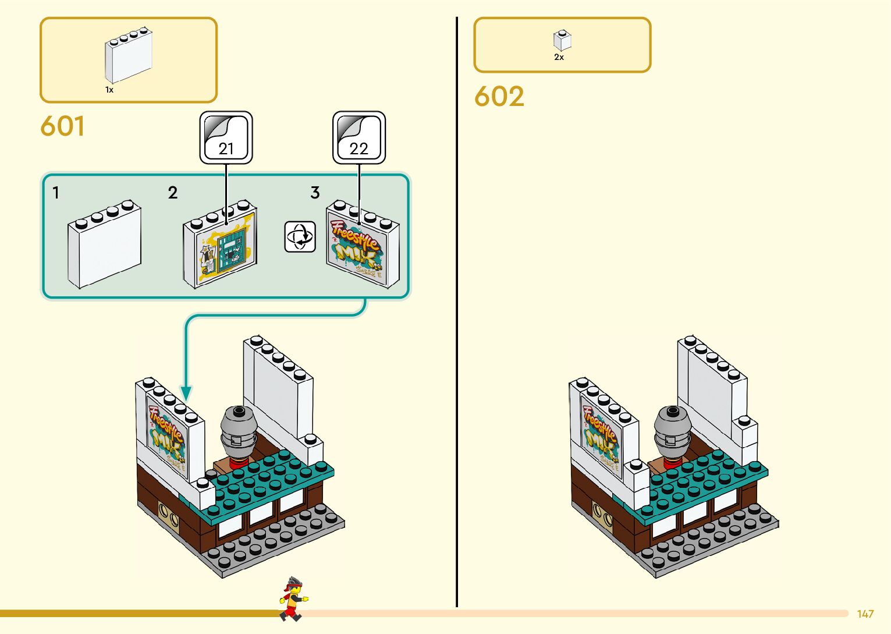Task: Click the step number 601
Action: coord(62,126)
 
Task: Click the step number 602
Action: coord(499,97)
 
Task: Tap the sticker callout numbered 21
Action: coord(226,138)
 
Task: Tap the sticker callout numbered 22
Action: coord(358,138)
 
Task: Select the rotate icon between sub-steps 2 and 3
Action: coord(300,236)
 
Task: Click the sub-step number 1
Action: coord(56,193)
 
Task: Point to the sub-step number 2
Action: coord(173,193)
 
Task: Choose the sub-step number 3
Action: coord(315,193)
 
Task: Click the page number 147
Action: coord(865,614)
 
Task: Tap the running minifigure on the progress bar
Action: coord(293,599)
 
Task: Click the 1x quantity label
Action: coord(109,90)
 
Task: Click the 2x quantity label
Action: coord(559,57)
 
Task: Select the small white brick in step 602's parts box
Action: coord(562,41)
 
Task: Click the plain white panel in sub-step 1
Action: coord(104,245)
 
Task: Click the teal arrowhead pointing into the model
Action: coord(186,393)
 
